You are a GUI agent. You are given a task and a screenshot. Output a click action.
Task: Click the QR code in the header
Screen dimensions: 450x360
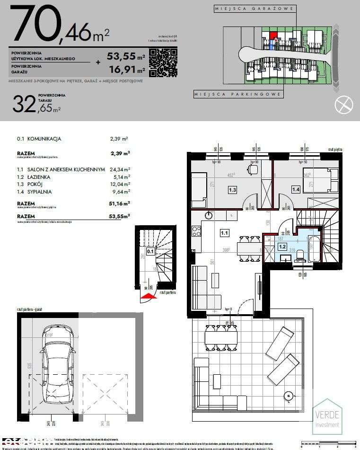click(163, 63)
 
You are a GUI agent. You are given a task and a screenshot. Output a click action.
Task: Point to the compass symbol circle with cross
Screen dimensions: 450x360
click(344, 104)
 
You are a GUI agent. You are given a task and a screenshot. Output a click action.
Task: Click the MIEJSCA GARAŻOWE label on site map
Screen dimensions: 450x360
click(255, 9)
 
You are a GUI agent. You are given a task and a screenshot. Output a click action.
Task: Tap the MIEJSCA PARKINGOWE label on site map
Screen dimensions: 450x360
click(238, 95)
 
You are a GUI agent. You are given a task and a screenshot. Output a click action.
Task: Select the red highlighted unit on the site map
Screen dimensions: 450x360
click(273, 35)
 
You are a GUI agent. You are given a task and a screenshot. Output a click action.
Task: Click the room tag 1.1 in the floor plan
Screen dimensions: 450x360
click(224, 233)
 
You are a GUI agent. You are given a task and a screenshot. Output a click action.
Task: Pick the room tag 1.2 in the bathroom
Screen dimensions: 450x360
click(282, 246)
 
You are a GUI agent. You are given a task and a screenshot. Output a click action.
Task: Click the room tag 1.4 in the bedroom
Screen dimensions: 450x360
click(296, 190)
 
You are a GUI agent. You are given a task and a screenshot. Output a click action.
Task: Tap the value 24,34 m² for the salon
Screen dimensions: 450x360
click(120, 169)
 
